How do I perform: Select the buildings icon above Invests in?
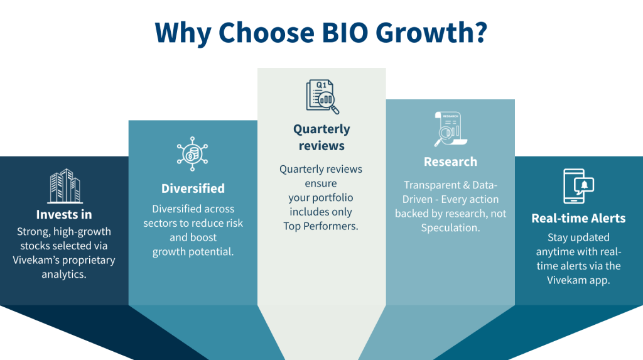[65, 187]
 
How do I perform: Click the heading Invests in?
[64, 215]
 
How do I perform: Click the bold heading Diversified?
[193, 188]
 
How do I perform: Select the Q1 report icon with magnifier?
[321, 96]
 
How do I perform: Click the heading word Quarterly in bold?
[321, 129]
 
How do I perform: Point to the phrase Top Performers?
[321, 226]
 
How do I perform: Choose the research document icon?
[450, 129]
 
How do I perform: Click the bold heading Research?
[450, 161]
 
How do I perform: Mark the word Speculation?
[450, 227]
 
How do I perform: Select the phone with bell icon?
[578, 186]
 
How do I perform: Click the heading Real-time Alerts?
[578, 218]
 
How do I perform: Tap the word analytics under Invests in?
[64, 274]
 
